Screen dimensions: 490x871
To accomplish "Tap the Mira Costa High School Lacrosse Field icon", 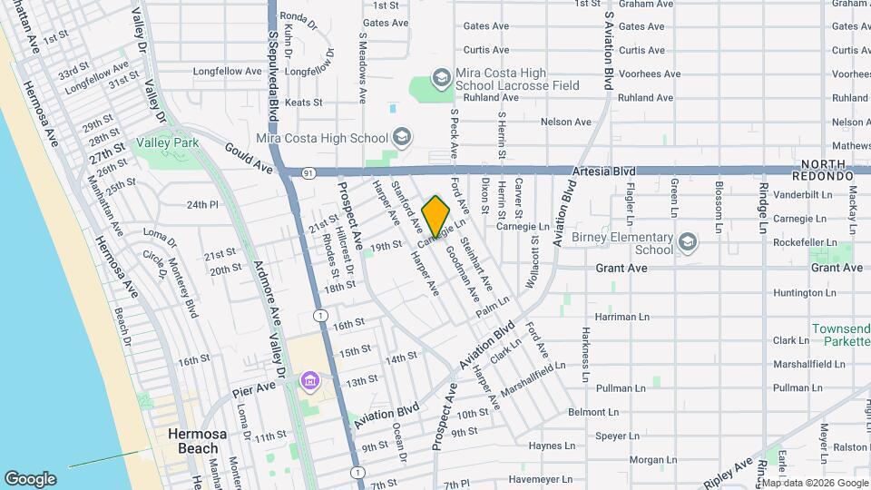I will tap(441, 79).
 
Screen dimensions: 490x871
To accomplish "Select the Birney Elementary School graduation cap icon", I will tap(687, 242).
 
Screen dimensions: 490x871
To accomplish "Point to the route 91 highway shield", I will tap(309, 171).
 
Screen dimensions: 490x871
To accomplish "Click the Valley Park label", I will tap(166, 143).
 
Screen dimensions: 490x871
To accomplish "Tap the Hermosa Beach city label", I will tap(192, 441).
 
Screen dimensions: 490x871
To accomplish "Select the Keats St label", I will tap(303, 103).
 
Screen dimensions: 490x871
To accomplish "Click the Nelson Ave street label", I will tap(565, 122).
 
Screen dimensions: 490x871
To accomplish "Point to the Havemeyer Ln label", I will tap(542, 478).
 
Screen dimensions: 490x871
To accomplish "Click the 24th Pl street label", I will tap(203, 205).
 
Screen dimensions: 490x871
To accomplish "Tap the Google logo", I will tap(30, 478).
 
